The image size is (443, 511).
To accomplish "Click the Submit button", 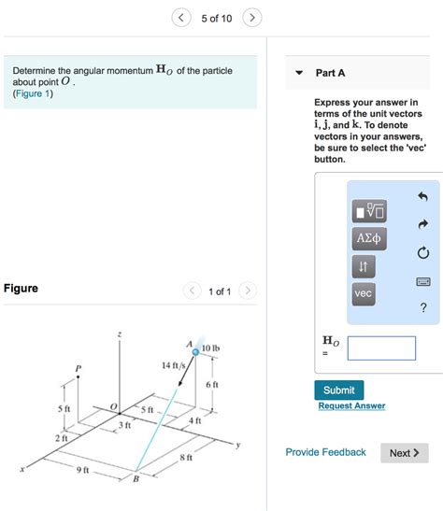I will pos(338,390).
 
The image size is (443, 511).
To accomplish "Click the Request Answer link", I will pos(350,405).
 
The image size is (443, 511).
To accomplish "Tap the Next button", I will pos(404,453).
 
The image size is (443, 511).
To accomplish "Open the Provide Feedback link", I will pos(325,452).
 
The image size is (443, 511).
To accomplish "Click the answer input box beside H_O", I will pos(380,348).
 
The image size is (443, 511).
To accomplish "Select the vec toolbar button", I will pos(364,293).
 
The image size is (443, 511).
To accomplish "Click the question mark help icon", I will pos(423,309).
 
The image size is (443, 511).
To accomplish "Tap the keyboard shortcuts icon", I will pos(422,281).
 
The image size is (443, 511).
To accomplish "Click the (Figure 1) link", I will pos(33,93).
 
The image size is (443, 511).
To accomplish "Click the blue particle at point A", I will pos(195,352).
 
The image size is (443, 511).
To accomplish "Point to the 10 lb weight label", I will pos(210,348).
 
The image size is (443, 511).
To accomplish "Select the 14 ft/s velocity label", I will pos(173,365).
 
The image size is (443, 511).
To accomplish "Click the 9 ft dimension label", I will pos(81,469).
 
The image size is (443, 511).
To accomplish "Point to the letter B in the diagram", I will pos(135,480).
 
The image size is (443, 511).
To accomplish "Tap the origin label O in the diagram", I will pos(113,406).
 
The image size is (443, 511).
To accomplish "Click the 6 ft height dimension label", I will pos(211,384).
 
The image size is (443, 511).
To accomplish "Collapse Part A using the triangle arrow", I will pos(298,73).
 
